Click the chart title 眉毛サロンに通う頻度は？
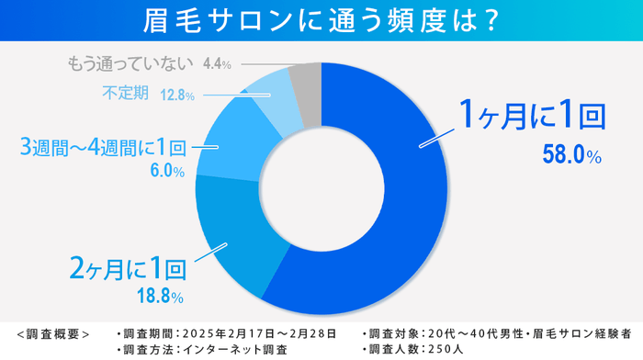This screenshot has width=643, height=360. point(321,19)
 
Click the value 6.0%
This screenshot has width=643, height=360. point(165,171)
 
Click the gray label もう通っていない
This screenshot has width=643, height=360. point(130,64)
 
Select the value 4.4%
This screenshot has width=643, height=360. point(215,65)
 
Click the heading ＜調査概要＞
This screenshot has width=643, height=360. point(53,332)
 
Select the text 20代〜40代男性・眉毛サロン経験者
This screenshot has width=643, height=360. point(533,332)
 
